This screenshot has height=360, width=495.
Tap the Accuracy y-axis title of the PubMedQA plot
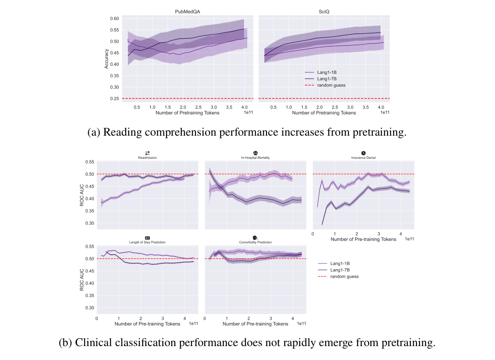click(106, 58)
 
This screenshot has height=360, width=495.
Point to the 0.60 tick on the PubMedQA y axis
click(114, 19)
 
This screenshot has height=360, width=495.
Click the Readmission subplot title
click(147, 158)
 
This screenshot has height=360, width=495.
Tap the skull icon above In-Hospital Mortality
click(255, 153)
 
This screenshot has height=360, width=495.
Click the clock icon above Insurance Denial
click(363, 153)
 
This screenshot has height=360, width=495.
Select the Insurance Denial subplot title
click(363, 158)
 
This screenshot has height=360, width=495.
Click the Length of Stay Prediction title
click(147, 242)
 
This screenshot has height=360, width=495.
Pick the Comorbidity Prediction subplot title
click(255, 242)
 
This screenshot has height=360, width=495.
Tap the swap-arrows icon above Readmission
click(147, 153)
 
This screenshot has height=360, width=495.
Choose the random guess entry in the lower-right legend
click(344, 277)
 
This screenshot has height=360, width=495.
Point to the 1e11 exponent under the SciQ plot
click(385, 113)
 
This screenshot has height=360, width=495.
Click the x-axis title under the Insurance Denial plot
click(363, 239)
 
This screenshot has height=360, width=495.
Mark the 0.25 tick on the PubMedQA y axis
click(114, 99)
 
